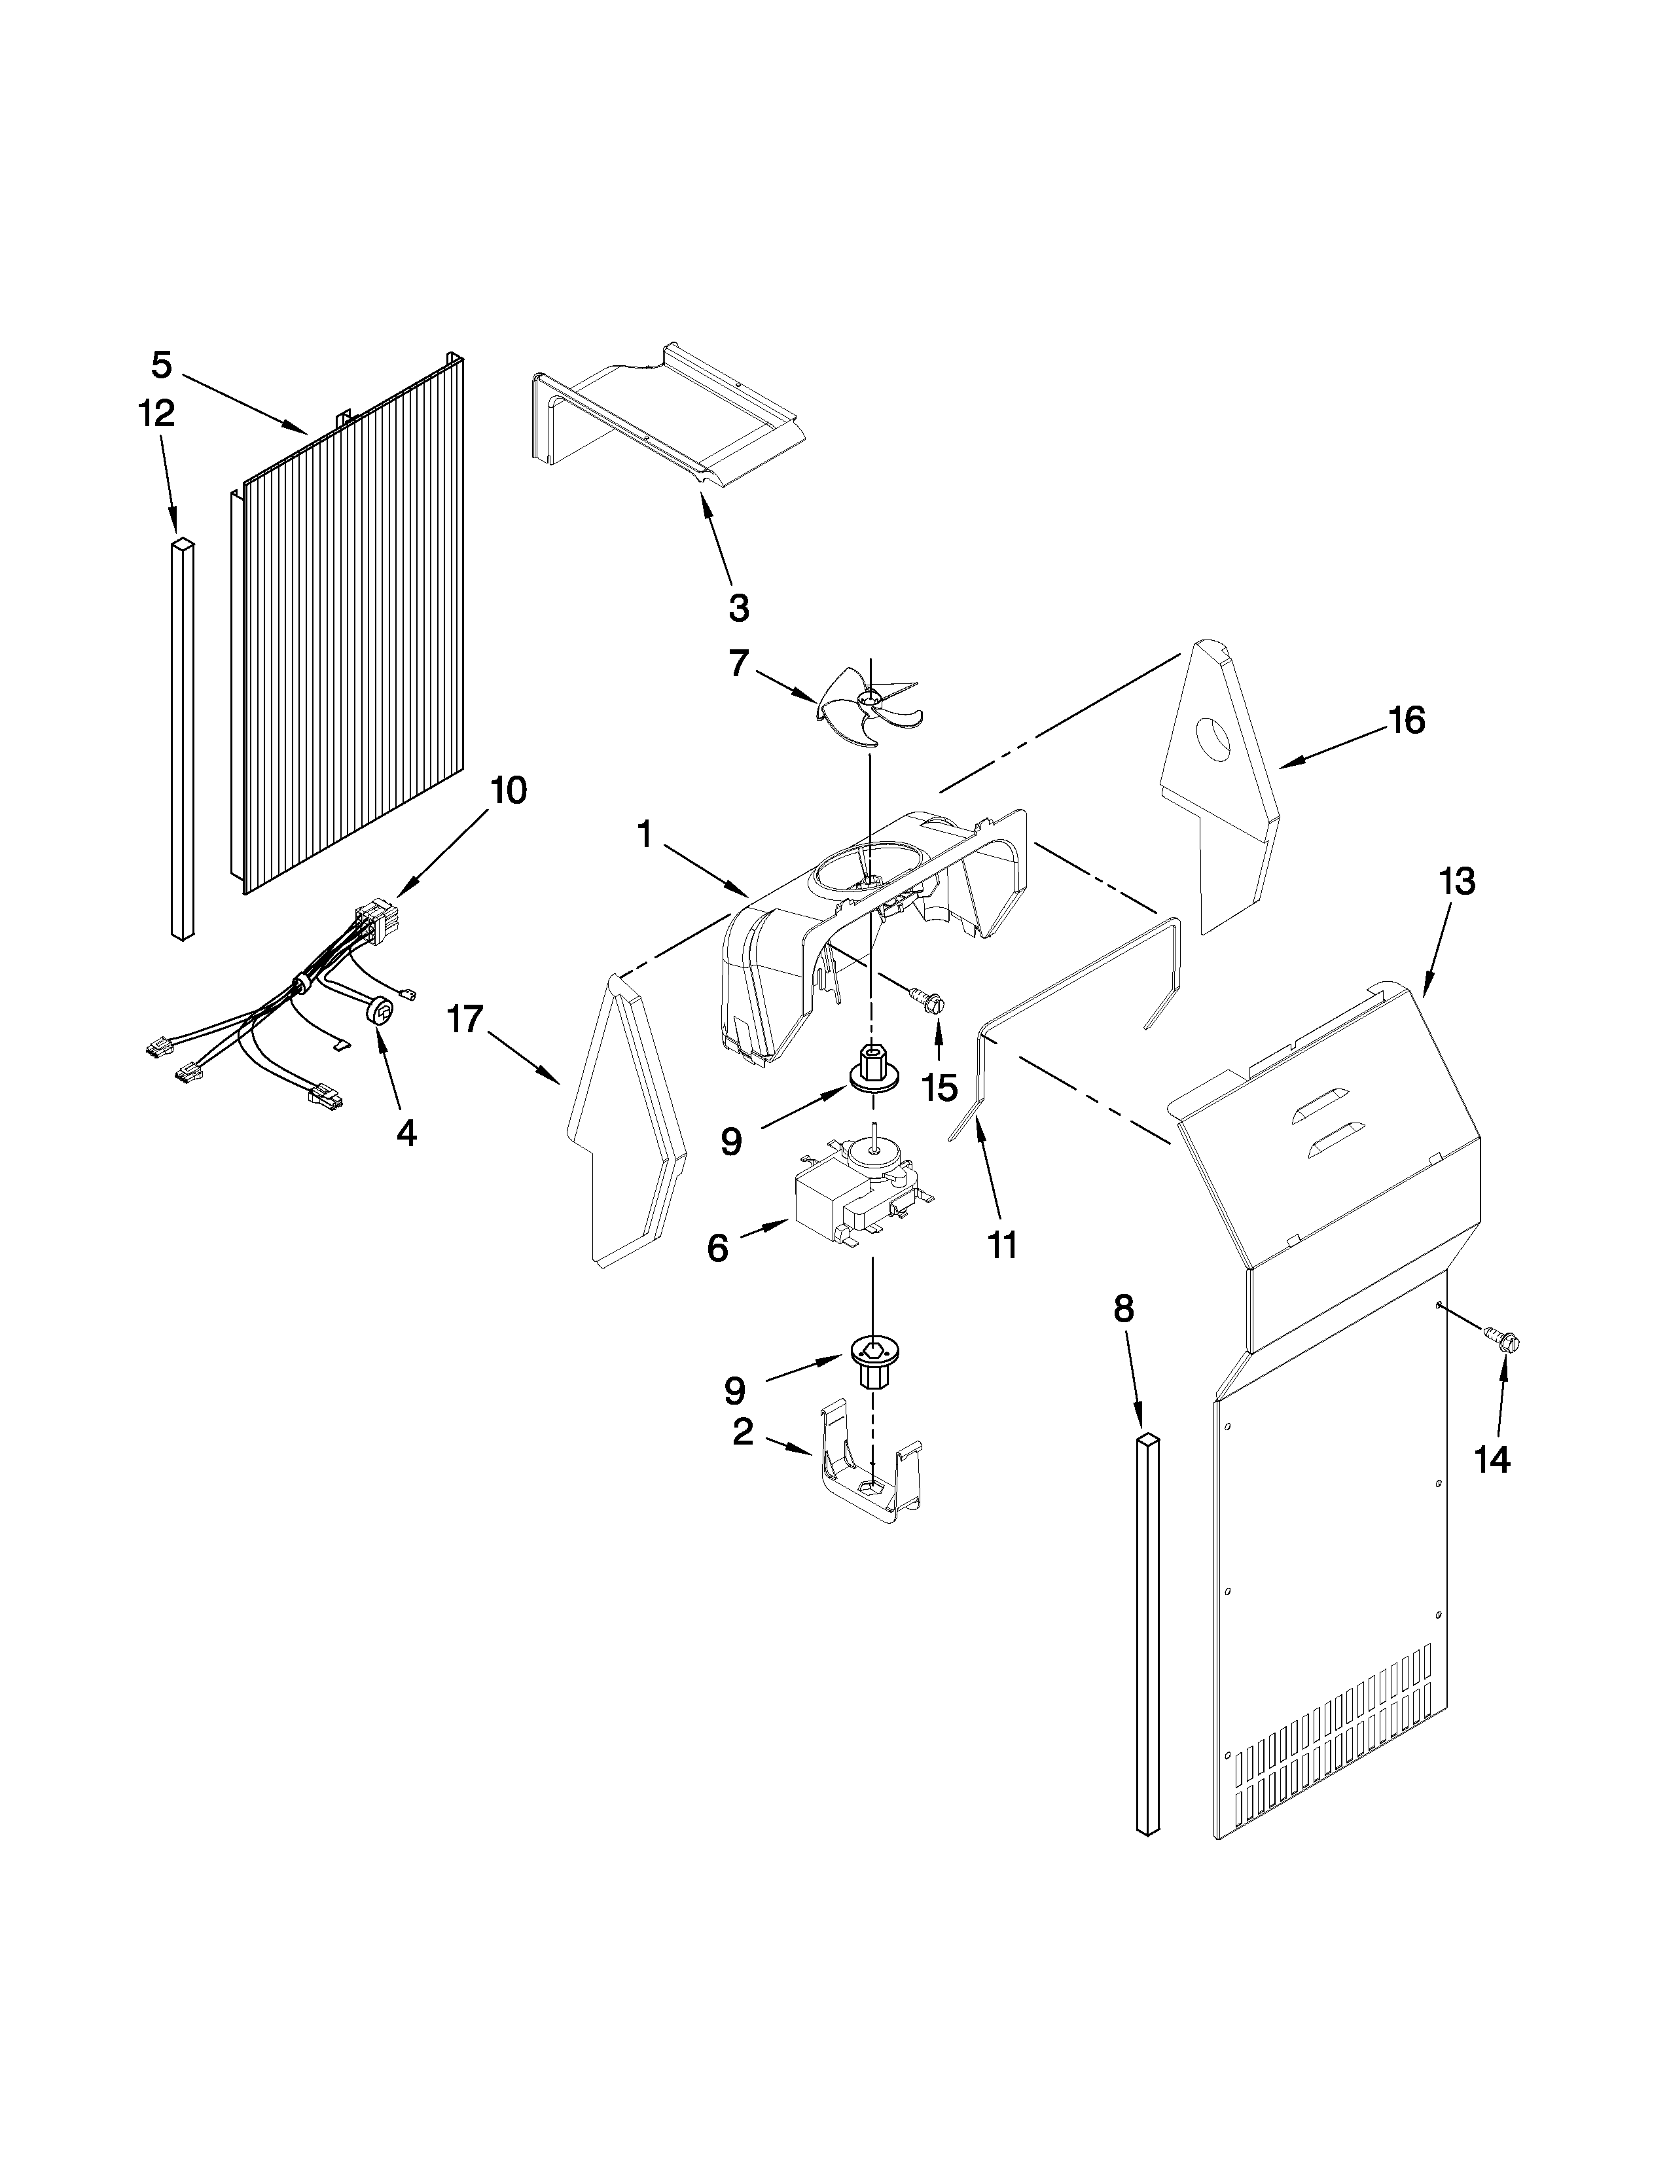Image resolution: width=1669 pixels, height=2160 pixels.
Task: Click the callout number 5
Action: (x=161, y=366)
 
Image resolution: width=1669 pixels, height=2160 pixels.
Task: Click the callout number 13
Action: (x=1458, y=880)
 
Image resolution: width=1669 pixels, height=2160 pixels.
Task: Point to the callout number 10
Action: (x=508, y=790)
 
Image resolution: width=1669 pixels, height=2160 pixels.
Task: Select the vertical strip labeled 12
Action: (x=183, y=737)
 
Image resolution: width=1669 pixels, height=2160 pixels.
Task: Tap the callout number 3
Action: (x=738, y=608)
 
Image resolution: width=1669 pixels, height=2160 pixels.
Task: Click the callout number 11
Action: (x=1001, y=1245)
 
